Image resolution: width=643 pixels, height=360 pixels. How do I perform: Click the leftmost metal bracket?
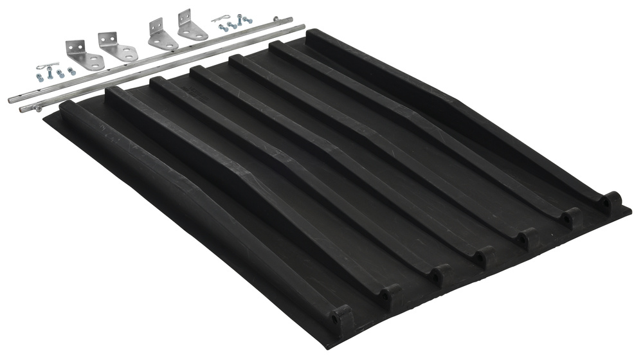84,56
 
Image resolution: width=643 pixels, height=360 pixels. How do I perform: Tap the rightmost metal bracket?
192,25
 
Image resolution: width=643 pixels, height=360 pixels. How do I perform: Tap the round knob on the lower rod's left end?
24,109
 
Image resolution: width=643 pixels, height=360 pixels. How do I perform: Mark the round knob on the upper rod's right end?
290,19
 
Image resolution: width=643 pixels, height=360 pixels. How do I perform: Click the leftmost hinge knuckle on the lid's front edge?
340,317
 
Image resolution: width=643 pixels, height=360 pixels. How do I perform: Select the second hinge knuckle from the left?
390,296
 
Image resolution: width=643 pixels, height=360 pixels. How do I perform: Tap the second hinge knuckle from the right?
570,218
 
